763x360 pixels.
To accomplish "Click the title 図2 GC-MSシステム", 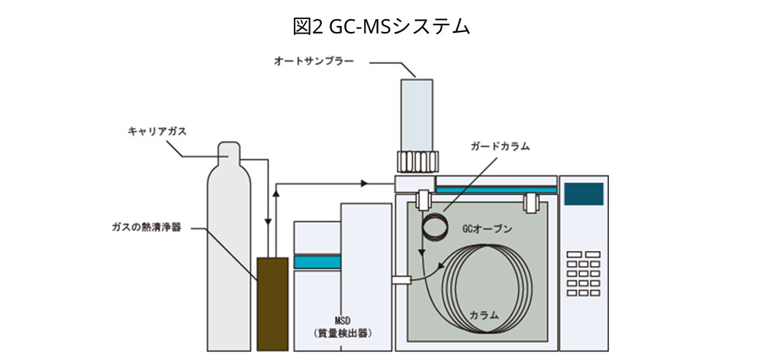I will [381, 25].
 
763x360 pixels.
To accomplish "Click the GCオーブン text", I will [487, 228].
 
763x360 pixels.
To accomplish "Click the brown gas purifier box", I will [272, 304].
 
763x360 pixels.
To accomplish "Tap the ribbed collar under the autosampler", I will [416, 162].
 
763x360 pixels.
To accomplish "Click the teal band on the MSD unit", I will [317, 261].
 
